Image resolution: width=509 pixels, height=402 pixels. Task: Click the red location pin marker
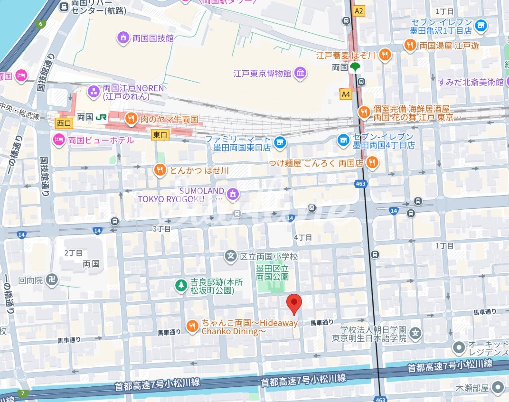pos(295,304)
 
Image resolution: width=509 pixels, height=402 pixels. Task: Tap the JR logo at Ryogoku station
pos(101,117)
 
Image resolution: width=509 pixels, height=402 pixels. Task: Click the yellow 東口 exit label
pos(160,135)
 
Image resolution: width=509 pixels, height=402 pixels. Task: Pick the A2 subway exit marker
pos(358,10)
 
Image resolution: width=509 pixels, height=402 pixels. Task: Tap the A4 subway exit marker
pos(346,94)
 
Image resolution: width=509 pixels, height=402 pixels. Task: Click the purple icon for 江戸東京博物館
pos(300,73)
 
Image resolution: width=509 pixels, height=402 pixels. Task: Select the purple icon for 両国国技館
pos(123,37)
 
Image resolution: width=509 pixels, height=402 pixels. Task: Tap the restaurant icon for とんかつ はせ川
pos(160,169)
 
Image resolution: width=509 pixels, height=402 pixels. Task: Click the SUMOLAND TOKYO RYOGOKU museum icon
pos(233,193)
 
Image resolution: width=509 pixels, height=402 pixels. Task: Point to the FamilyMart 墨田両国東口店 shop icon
pos(281,141)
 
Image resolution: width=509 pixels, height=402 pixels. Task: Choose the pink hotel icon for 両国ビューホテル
pos(58,140)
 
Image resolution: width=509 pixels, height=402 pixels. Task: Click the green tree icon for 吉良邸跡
pos(180,285)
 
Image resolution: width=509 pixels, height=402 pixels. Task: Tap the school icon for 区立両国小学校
pos(231,256)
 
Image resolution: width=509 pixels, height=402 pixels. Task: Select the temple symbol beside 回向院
pos(52,280)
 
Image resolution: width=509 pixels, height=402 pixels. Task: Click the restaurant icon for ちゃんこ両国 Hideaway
pos(192,326)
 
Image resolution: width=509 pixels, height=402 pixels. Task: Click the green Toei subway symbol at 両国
pos(355,68)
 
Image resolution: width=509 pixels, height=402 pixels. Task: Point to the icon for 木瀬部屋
pos(498,387)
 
